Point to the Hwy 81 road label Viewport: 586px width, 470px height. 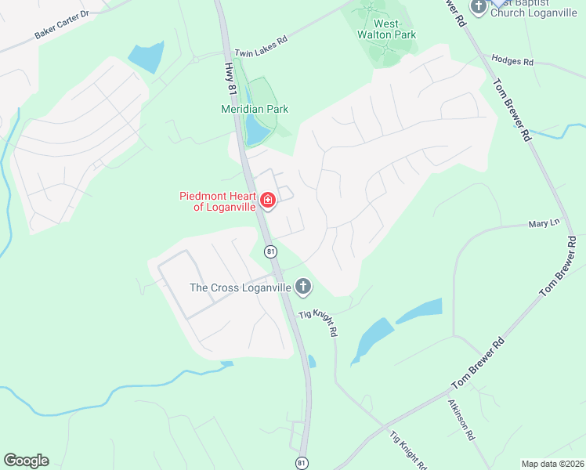[230, 79]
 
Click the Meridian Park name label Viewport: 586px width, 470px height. [255, 109]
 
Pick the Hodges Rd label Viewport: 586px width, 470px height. [512, 60]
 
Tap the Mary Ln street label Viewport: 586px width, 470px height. [544, 223]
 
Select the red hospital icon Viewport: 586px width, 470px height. [269, 201]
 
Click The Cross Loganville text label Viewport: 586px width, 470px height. [241, 287]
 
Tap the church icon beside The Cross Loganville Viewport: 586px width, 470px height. [303, 287]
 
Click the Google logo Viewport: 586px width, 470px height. [26, 461]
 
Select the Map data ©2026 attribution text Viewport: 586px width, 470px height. [552, 464]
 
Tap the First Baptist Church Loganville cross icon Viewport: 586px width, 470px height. [479, 6]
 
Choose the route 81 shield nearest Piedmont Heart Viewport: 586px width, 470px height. [270, 251]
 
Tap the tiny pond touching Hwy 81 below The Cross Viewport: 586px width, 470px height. [312, 361]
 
